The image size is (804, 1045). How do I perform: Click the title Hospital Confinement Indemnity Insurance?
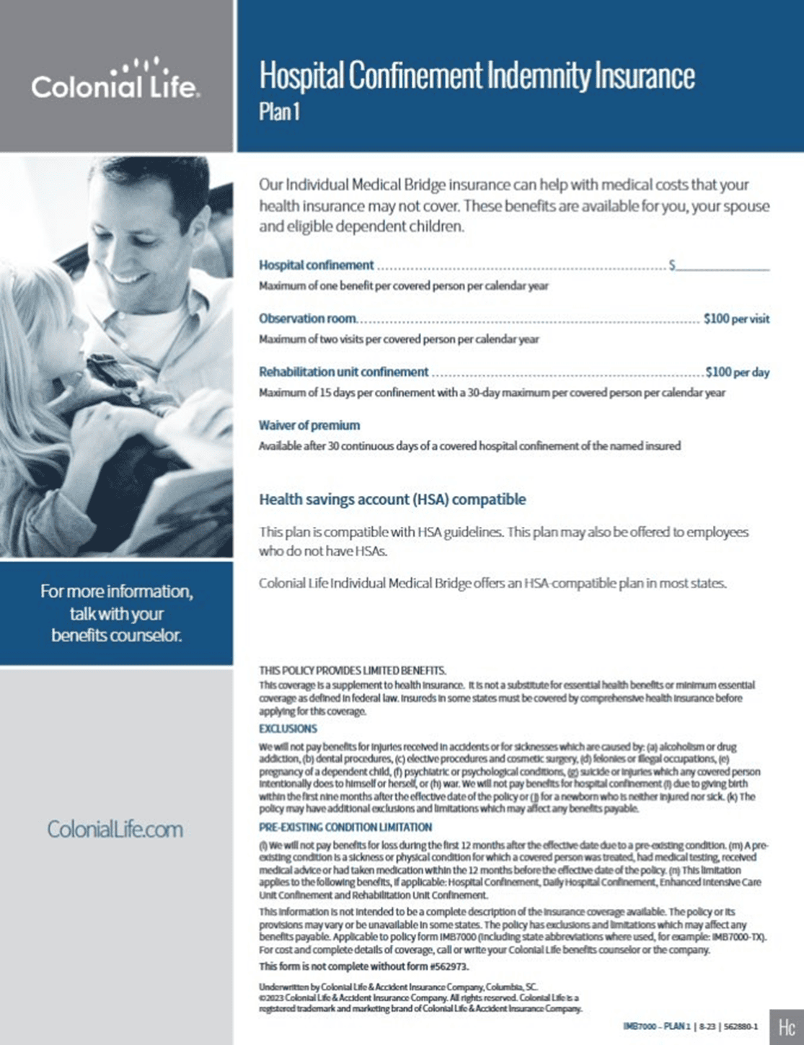pos(477,76)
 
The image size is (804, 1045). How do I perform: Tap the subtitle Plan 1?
pos(278,112)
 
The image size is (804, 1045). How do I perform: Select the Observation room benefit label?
pos(307,319)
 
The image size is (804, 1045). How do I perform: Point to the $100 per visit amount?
pos(736,319)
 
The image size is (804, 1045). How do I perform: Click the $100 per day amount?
pos(737,372)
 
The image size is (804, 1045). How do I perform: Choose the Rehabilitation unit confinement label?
pos(343,372)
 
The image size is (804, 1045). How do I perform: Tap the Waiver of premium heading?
pos(309,425)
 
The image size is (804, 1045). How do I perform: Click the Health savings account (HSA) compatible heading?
pos(392,499)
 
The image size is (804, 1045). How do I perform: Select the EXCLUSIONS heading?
pos(288,729)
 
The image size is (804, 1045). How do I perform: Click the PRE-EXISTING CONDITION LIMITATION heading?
pos(345,827)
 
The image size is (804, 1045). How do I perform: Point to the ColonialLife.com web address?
pos(115,830)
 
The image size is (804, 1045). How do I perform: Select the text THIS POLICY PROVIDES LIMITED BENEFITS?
pos(352,670)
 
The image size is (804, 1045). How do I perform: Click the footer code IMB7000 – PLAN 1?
pos(656,1026)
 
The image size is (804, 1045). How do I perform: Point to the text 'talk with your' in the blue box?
pos(116,614)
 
